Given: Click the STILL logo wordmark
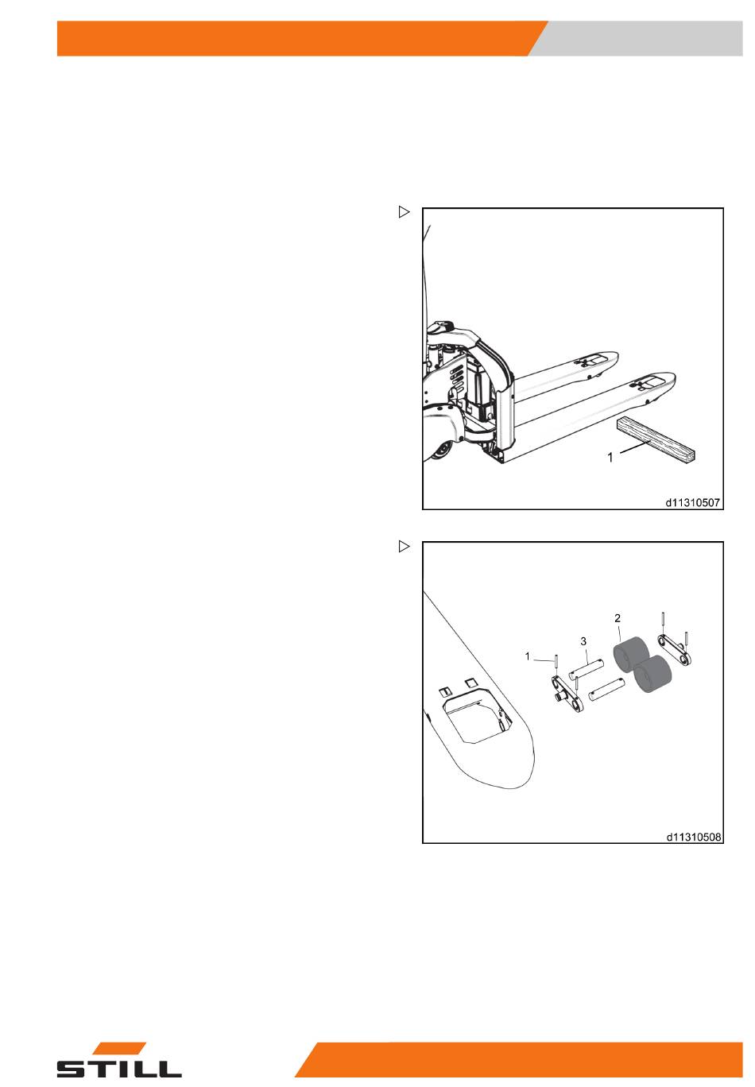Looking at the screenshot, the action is coord(119,1069).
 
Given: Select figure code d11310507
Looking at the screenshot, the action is coord(692,502).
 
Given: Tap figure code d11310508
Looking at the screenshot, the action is coord(693,837).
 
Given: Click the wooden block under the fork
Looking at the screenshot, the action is coord(656,440).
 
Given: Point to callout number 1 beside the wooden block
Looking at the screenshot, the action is coord(610,457).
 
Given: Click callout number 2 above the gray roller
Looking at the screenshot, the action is coord(618,618).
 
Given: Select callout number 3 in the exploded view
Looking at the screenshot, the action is coord(583,641).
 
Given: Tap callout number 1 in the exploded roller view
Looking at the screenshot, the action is coord(528,656).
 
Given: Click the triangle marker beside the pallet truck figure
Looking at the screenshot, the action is coord(404,212).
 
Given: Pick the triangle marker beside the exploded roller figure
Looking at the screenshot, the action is coord(404,547).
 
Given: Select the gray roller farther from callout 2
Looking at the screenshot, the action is coord(652,674).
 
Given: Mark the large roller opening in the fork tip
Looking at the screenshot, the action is coord(476,718).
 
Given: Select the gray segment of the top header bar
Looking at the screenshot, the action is coord(636,38).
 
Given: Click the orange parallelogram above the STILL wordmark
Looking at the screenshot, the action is coord(120,1048).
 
